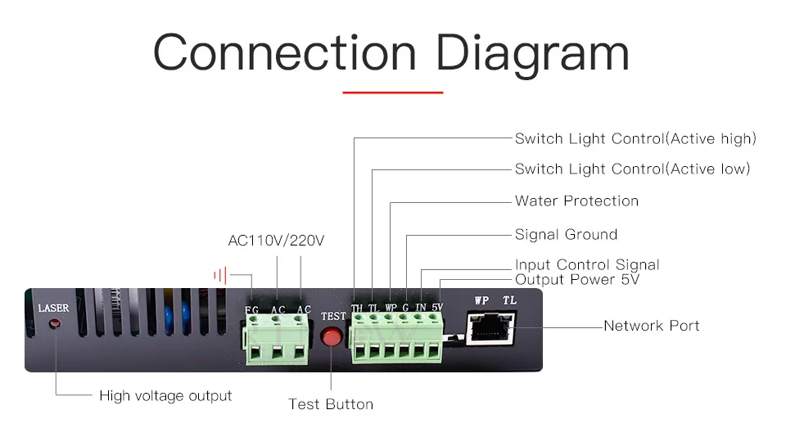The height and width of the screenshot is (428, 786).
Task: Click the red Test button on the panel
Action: [x=331, y=337]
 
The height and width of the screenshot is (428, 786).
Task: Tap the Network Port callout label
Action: [x=651, y=326]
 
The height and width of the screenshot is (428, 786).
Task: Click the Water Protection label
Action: [x=576, y=201]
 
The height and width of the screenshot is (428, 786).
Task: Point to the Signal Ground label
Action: [x=566, y=235]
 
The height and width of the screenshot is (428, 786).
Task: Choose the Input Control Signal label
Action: [x=587, y=264]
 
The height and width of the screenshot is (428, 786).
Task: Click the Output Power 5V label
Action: [x=577, y=280]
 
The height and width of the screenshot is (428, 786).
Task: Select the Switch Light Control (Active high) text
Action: [x=635, y=139]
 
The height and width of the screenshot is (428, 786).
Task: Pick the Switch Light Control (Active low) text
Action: [x=632, y=169]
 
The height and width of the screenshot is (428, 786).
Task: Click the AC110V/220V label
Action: [x=276, y=241]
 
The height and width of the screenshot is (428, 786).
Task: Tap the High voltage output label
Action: [x=165, y=396]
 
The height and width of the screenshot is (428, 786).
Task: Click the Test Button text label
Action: [x=331, y=404]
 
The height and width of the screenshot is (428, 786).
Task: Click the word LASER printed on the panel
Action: [x=54, y=308]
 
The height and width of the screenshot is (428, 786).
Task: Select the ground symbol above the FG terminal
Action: [x=219, y=276]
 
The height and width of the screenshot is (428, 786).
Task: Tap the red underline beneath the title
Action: [x=392, y=92]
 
